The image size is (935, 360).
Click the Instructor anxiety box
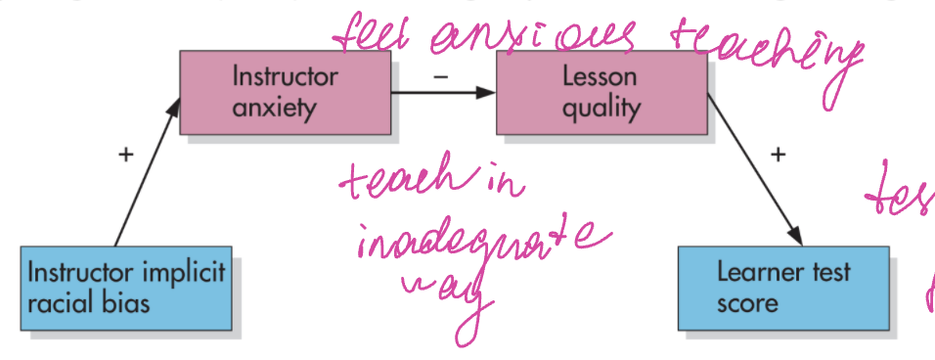coord(285,92)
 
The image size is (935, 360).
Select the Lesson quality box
coord(601,92)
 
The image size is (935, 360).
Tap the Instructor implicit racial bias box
coord(125,288)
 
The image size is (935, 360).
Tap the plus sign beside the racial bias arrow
coord(124,155)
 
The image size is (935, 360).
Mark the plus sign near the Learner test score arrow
coord(778,154)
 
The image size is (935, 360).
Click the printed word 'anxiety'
coord(275,107)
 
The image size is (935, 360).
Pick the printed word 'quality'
coord(600,107)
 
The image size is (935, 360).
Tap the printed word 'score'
coord(747,302)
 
